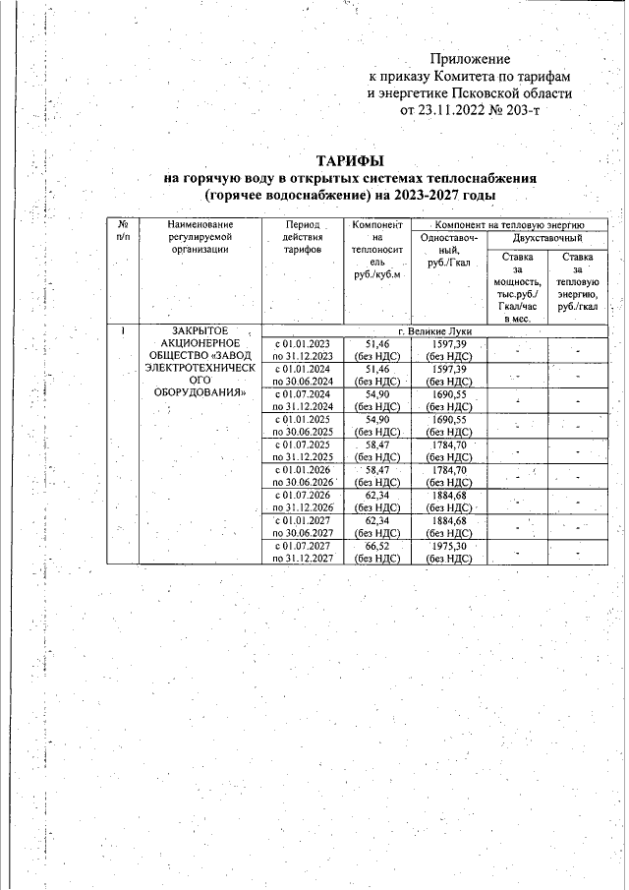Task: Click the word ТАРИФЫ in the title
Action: pyautogui.click(x=349, y=160)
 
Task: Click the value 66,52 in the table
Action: pyautogui.click(x=377, y=545)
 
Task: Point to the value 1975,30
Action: pyautogui.click(x=448, y=545)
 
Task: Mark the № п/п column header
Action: pyautogui.click(x=122, y=231)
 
